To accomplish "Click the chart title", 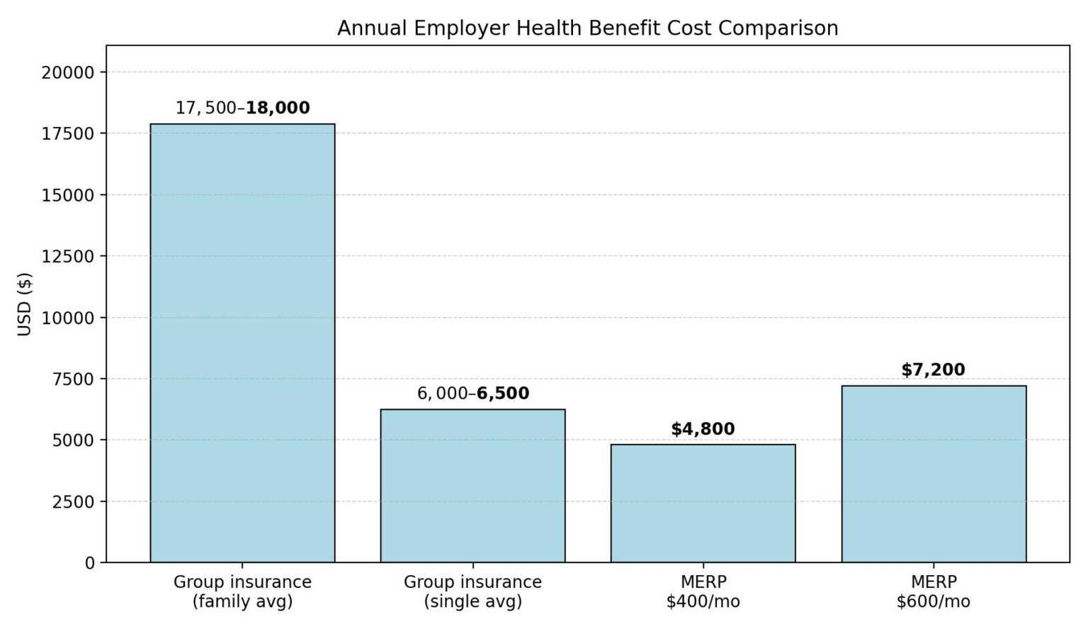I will click(587, 28).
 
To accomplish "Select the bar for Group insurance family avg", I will click(242, 343).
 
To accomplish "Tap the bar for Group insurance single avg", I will click(472, 486).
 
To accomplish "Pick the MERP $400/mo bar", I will click(703, 503).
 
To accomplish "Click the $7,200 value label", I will click(933, 369).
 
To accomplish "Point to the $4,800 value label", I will click(703, 429).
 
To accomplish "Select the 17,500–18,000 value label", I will click(242, 108).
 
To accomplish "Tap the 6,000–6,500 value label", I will click(472, 394).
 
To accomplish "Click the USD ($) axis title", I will click(25, 304).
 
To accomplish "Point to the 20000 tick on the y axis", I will click(68, 72).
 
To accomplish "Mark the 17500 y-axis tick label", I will click(68, 133).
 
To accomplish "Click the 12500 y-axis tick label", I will click(68, 256).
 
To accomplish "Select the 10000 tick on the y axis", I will click(68, 318).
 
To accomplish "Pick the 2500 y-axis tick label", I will click(73, 501).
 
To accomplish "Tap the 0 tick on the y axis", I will click(89, 563).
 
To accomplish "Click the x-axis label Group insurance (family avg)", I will click(242, 591).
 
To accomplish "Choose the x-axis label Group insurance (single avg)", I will click(472, 591).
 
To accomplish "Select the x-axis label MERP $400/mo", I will click(703, 591).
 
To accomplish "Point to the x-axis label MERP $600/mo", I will click(934, 591).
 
